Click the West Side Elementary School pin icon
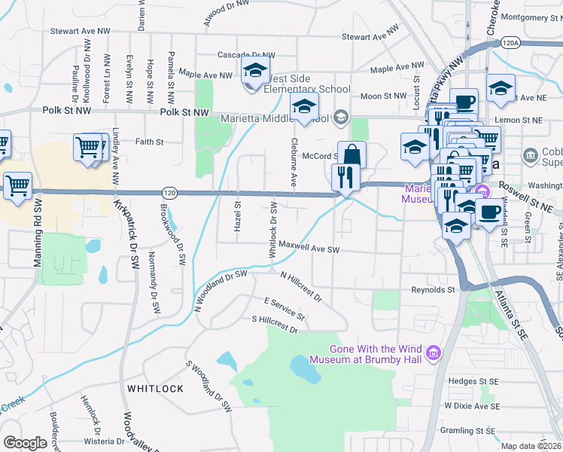(x=255, y=72)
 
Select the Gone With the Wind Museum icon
(x=433, y=353)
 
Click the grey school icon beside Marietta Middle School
(x=340, y=117)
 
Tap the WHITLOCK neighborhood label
(x=155, y=388)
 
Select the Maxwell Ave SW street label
(x=309, y=246)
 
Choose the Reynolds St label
(x=433, y=289)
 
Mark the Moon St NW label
(x=382, y=96)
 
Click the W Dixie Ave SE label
(x=471, y=405)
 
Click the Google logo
(x=25, y=442)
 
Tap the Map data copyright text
(x=531, y=446)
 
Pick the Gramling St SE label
(x=468, y=431)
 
